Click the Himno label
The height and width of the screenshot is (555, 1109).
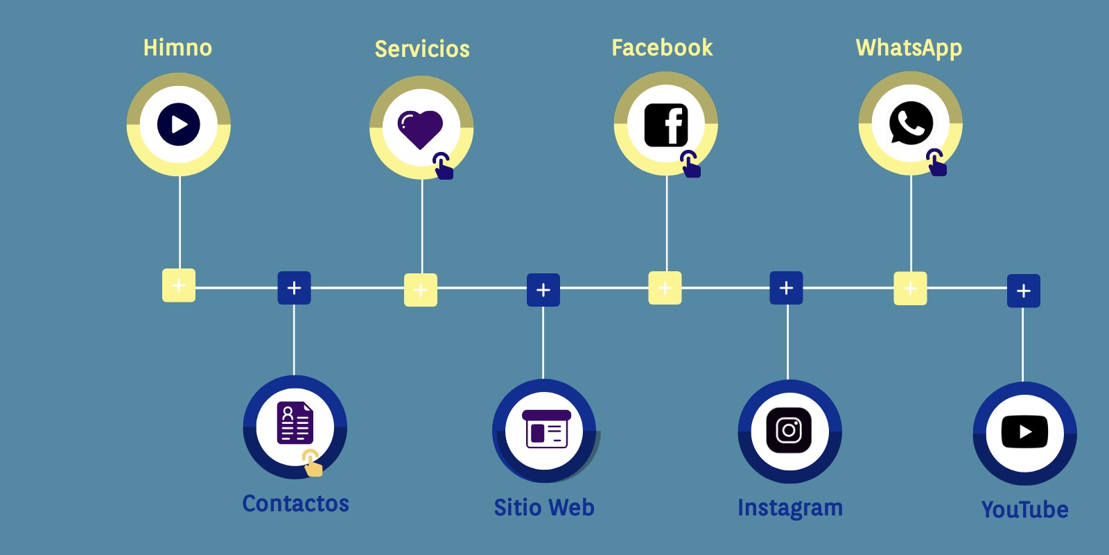(177, 48)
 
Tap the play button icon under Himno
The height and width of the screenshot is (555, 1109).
(179, 124)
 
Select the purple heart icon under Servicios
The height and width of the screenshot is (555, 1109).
(420, 128)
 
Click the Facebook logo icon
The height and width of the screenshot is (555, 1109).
(666, 125)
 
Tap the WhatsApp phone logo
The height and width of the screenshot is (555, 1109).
(911, 123)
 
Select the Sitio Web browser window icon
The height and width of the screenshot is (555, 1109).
(545, 429)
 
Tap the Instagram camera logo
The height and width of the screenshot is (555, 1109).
(789, 430)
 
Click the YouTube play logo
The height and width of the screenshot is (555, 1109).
(1024, 432)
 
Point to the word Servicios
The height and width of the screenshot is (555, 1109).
(422, 49)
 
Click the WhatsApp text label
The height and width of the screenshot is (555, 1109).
(909, 48)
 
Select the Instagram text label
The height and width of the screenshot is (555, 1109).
(790, 508)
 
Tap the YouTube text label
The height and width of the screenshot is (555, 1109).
(1024, 510)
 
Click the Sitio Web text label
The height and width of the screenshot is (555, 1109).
(544, 508)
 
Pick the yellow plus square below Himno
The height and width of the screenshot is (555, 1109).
(179, 285)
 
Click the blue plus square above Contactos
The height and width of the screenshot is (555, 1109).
(294, 288)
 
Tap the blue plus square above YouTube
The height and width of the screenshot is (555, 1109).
(1024, 291)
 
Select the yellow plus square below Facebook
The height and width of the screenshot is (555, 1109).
(665, 288)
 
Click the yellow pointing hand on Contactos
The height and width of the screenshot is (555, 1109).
(313, 463)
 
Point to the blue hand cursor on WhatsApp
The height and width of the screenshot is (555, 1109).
(936, 163)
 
